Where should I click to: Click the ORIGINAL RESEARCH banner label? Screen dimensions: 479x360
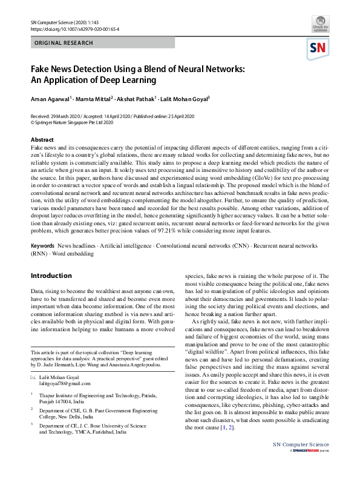tap(64, 43)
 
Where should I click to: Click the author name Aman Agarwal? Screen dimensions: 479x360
tap(50, 98)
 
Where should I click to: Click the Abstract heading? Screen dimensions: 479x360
tap(42, 140)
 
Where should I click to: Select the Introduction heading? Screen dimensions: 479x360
tap(51, 276)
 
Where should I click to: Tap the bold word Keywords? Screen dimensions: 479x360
tap(42, 247)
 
